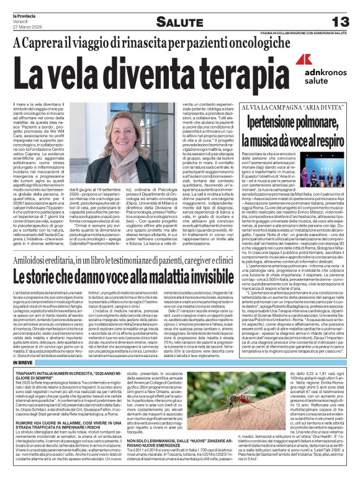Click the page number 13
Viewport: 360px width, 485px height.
tap(340, 20)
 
